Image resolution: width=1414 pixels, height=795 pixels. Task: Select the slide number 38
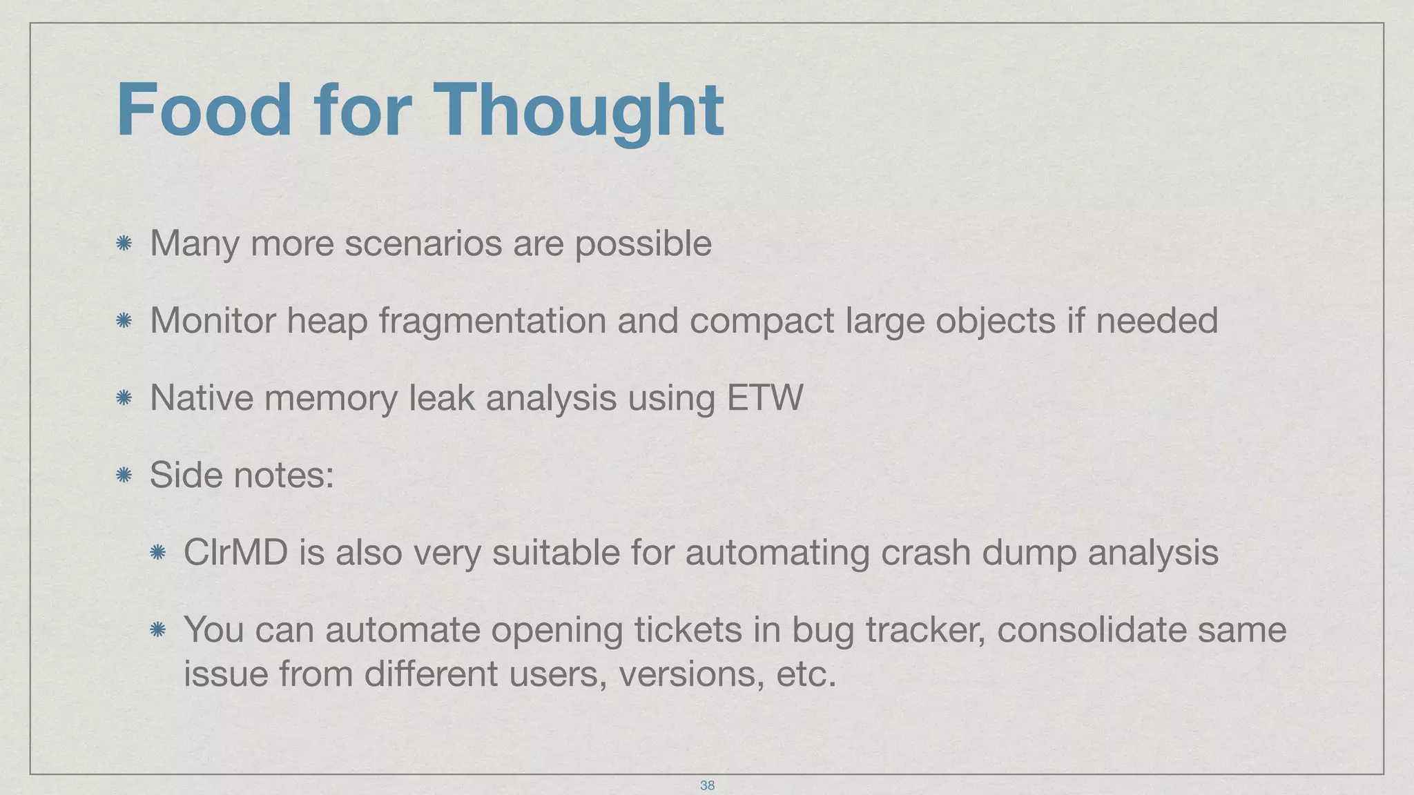click(707, 785)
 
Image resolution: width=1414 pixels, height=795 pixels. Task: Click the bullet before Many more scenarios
click(124, 243)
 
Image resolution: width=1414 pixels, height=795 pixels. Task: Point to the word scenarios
click(423, 243)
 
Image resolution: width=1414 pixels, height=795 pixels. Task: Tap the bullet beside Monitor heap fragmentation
click(124, 320)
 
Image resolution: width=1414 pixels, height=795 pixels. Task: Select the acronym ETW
click(765, 398)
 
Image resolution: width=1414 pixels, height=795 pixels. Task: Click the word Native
click(202, 398)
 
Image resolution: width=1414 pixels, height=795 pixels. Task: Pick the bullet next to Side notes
click(124, 475)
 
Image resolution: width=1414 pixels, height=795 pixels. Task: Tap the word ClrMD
click(235, 553)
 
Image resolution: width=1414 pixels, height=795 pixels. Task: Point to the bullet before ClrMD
click(157, 552)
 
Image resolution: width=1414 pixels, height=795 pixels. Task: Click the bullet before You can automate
click(157, 629)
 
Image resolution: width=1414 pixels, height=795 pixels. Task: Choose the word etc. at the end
click(806, 674)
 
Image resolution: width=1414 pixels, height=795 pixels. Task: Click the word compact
click(762, 321)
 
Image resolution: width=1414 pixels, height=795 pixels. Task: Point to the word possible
click(643, 244)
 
